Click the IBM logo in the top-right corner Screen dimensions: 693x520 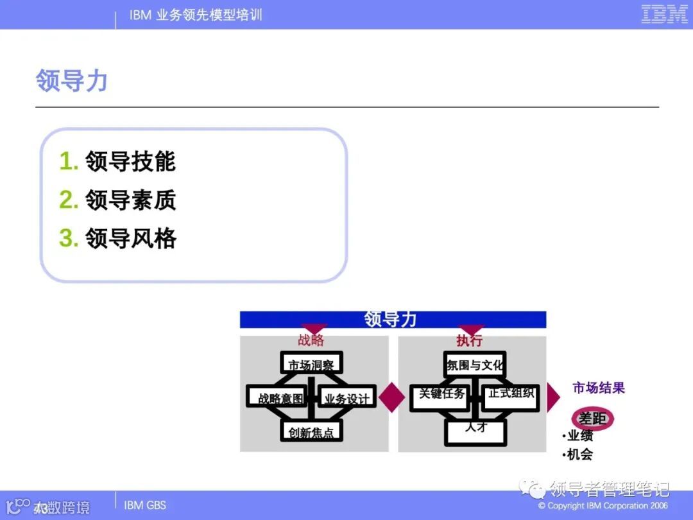pos(664,14)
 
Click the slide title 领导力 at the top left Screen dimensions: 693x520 pos(71,82)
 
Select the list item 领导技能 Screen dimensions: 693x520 pos(130,161)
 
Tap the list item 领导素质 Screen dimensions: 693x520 pos(130,200)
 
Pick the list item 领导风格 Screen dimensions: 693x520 pos(130,239)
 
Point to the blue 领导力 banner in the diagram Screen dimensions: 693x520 pos(392,319)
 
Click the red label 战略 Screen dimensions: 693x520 pos(311,340)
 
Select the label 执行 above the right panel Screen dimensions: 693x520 pos(469,340)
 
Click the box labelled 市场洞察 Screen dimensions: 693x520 pos(311,363)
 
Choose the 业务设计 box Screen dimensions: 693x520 pos(346,398)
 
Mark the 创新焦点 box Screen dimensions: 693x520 pos(311,431)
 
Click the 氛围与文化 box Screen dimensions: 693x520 pos(475,365)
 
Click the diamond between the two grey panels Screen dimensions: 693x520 pos(391,397)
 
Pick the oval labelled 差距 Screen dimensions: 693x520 pos(592,419)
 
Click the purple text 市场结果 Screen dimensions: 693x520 pos(599,388)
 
